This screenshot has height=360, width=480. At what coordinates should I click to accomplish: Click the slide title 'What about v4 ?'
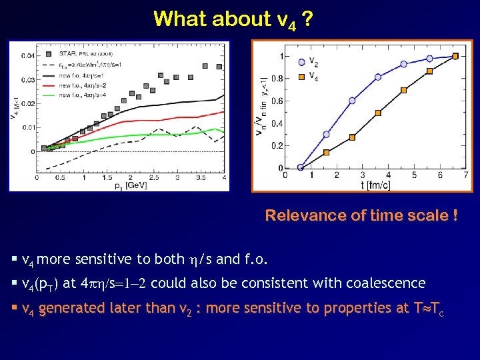[232, 19]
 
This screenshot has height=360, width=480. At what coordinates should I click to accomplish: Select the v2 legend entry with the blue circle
[313, 61]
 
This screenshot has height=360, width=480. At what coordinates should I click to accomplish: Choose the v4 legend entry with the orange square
[313, 75]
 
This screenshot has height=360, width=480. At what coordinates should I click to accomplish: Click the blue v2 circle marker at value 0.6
[352, 101]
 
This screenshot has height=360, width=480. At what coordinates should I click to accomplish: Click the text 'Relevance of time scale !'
[361, 215]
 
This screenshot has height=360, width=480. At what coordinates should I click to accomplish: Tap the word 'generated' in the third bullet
[71, 308]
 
